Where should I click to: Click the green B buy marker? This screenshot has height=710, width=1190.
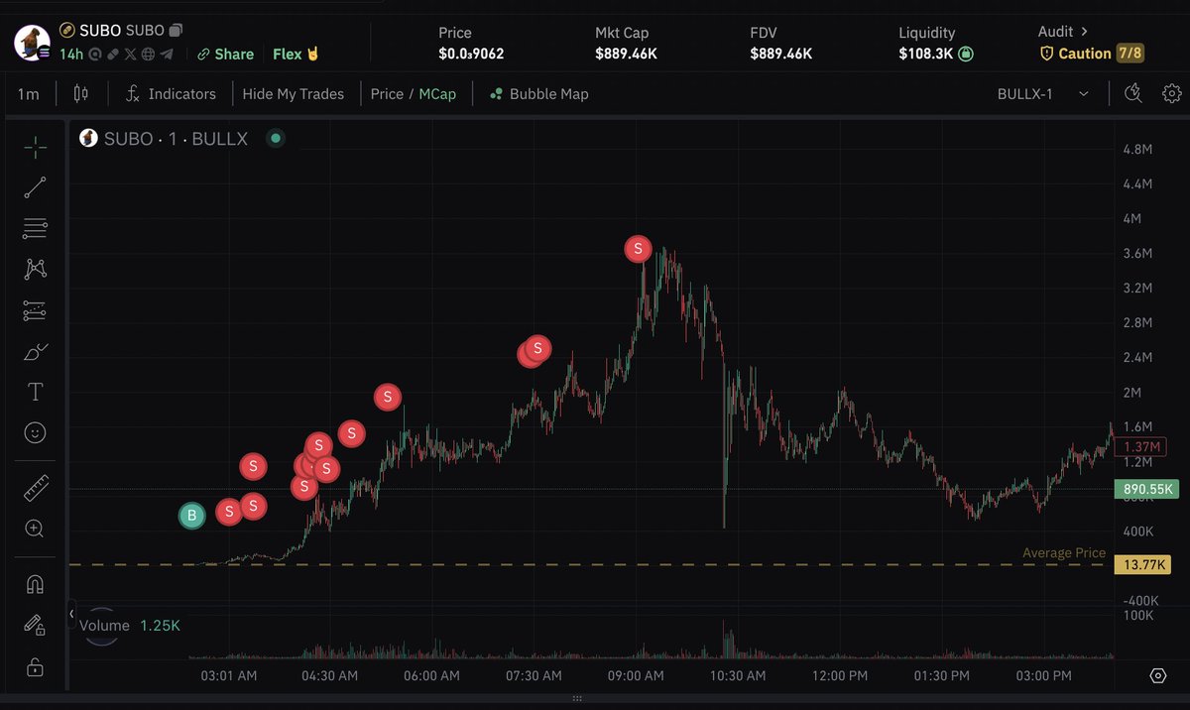coord(191,515)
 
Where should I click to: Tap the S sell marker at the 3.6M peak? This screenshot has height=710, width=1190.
coord(638,249)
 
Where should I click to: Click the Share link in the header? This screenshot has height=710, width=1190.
coord(226,54)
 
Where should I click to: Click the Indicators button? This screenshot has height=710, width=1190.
coord(172,94)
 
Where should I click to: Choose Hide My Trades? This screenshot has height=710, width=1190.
coord(294,94)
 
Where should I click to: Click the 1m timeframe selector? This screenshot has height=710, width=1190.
coord(28,94)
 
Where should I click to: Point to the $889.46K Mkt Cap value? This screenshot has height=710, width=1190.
coord(626,54)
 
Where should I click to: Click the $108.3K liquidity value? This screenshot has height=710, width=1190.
coord(927,54)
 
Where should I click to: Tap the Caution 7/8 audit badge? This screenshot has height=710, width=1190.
coord(1091,54)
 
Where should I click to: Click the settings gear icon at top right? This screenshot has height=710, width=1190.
coord(1172,94)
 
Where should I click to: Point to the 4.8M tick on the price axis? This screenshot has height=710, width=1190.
coord(1136,149)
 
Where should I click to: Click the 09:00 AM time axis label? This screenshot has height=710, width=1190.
coord(636,676)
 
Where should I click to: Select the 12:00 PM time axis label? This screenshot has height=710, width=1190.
coord(841,676)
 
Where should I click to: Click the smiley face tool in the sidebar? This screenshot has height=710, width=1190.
coord(36,432)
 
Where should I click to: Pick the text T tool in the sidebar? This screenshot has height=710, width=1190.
coord(36,393)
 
